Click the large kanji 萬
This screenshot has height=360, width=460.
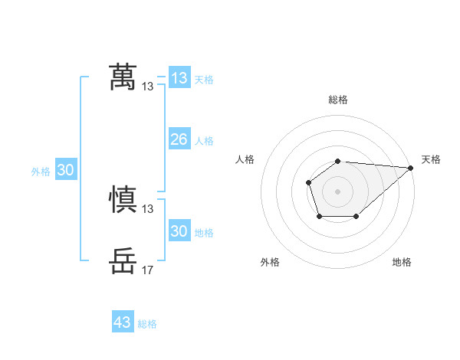point(123,77)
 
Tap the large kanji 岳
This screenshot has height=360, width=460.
point(123,260)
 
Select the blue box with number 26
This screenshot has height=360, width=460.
point(179,139)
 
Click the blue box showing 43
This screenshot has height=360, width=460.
point(123,322)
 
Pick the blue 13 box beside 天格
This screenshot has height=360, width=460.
point(179,78)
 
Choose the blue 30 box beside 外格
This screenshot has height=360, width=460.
point(65,171)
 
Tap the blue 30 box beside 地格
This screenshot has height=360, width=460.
point(179,231)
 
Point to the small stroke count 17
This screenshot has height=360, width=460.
point(148,270)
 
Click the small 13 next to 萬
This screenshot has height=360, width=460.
point(148,87)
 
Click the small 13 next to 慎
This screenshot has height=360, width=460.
point(148,208)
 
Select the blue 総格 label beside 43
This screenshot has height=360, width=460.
point(147,324)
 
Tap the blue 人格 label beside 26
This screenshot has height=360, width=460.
point(204,141)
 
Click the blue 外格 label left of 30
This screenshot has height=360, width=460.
point(41,172)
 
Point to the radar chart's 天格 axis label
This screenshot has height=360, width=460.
point(431,159)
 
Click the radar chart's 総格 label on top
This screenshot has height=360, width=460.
point(338,100)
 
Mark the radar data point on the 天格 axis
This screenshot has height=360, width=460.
point(411,168)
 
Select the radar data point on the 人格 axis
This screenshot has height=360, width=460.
point(308,182)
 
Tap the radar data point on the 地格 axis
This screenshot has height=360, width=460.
point(356,217)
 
